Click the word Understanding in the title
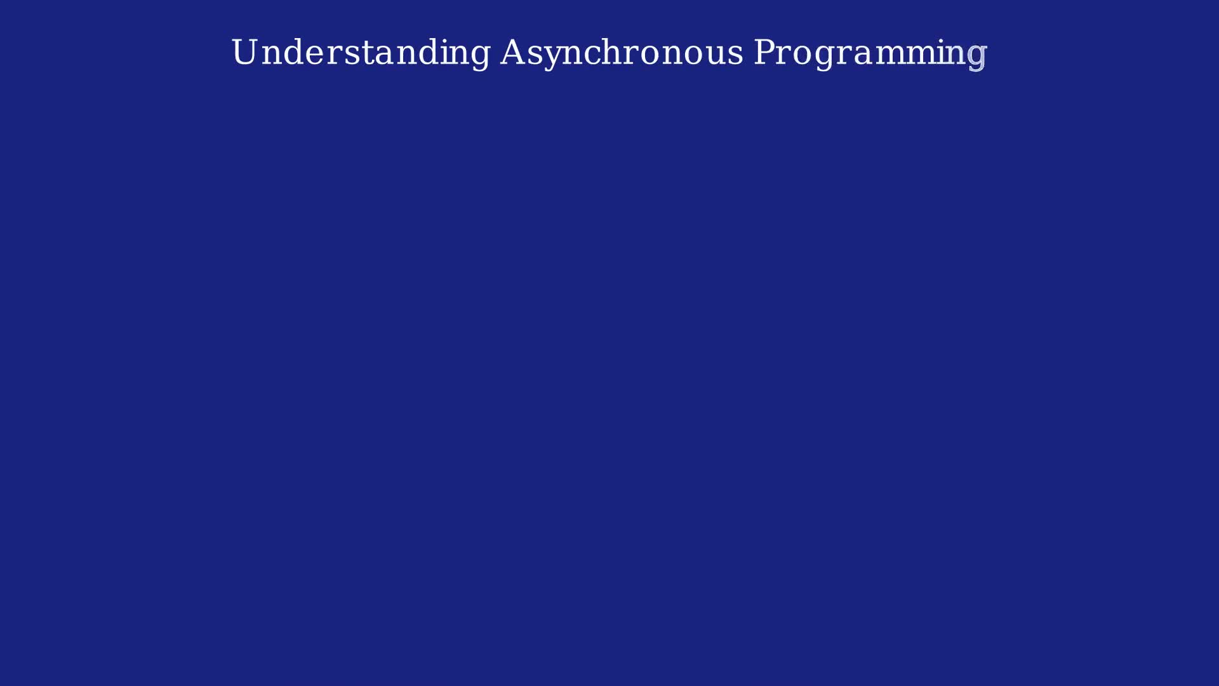360,52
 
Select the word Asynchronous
621,52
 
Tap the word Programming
870,52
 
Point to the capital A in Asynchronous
514,51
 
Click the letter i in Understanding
447,51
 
